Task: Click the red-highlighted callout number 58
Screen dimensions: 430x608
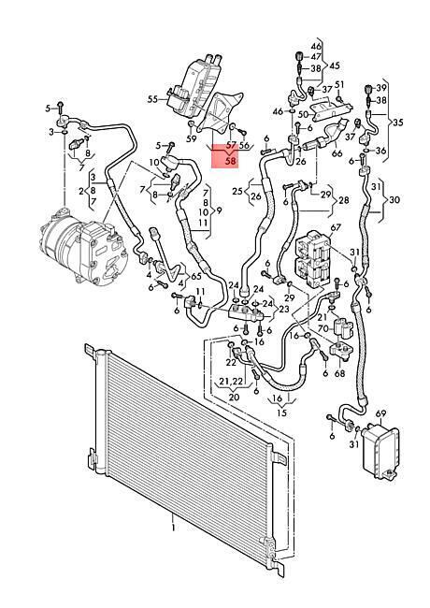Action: (x=230, y=161)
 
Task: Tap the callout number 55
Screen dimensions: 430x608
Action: (x=152, y=99)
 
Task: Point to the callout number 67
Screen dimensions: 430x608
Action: (x=336, y=227)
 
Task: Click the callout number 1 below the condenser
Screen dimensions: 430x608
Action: (x=174, y=528)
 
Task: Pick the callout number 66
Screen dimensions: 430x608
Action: (x=337, y=153)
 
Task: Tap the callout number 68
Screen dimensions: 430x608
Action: (x=339, y=374)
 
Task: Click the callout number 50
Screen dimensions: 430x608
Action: (x=303, y=114)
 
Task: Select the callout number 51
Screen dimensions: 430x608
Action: (x=339, y=84)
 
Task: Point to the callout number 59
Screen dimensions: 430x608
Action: (x=192, y=138)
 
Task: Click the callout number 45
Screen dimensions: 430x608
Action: (x=335, y=65)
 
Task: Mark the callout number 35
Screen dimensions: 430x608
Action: (x=398, y=123)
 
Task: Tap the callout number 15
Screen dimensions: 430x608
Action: (x=282, y=413)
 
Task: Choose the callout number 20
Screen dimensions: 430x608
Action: (x=234, y=397)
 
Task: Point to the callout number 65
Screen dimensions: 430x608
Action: (x=196, y=277)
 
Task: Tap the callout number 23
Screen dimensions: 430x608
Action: (x=283, y=309)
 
